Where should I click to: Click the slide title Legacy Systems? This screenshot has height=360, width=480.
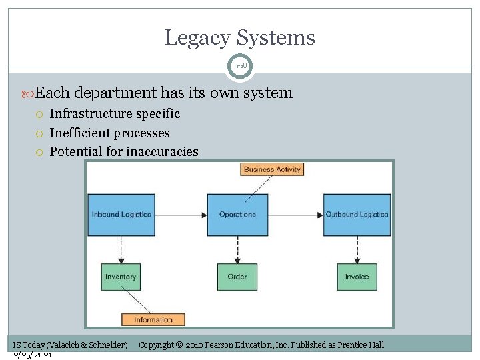(240, 37)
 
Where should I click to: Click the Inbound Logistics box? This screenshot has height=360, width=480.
(121, 215)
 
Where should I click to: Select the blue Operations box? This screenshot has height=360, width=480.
(237, 215)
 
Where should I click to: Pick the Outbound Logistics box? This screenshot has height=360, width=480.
(357, 215)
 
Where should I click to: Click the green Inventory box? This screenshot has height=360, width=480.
(121, 277)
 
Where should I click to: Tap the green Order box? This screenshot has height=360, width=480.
(237, 277)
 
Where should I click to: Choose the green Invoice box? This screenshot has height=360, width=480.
(357, 277)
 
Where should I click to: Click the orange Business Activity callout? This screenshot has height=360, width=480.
(272, 169)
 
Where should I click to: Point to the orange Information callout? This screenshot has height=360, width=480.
(153, 320)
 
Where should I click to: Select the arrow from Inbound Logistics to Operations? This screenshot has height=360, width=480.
(181, 215)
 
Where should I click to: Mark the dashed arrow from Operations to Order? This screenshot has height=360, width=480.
(237, 249)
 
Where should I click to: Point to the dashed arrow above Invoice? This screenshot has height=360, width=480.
(357, 249)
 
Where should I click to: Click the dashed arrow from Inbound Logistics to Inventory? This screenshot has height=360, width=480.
(121, 249)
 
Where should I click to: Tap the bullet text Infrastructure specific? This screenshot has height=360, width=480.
(115, 114)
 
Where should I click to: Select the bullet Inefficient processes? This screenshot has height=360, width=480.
(109, 133)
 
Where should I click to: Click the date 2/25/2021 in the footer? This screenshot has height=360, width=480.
(33, 355)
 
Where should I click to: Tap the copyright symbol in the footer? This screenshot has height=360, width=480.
(179, 345)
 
